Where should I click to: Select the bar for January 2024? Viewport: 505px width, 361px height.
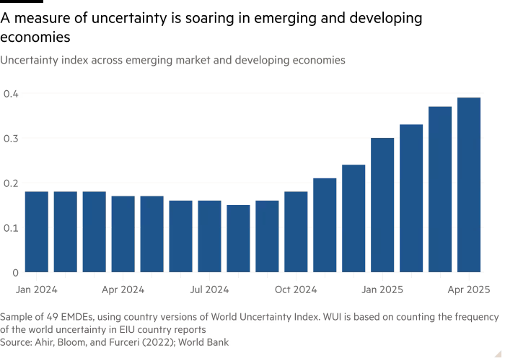point(36,232)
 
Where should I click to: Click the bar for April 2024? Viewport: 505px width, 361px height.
point(123,234)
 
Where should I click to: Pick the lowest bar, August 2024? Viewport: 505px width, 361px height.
point(238,238)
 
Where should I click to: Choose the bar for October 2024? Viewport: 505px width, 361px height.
point(296,232)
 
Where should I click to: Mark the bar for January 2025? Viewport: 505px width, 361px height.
point(382,205)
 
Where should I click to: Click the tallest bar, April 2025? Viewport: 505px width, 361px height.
point(469,185)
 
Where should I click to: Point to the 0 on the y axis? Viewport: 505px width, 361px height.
point(14,273)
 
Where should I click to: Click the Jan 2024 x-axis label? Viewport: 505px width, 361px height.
point(37,290)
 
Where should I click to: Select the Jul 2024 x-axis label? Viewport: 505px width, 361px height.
point(209,290)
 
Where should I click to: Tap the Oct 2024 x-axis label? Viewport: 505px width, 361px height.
point(296,290)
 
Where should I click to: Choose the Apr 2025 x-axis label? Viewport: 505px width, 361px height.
point(468,290)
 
